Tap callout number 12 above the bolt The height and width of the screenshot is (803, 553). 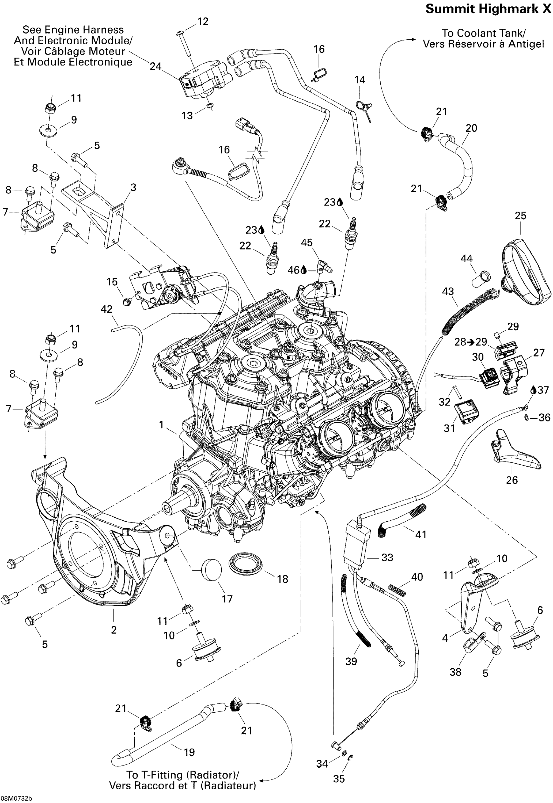click(x=203, y=21)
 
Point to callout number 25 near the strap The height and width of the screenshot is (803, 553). click(x=520, y=215)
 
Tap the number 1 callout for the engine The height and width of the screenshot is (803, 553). click(x=161, y=425)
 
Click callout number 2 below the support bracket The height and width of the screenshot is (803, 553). click(x=114, y=630)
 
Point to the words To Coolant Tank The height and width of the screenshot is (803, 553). click(x=483, y=33)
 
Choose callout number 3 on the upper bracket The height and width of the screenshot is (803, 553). click(x=133, y=187)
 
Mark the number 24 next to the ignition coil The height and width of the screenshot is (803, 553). click(x=155, y=66)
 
